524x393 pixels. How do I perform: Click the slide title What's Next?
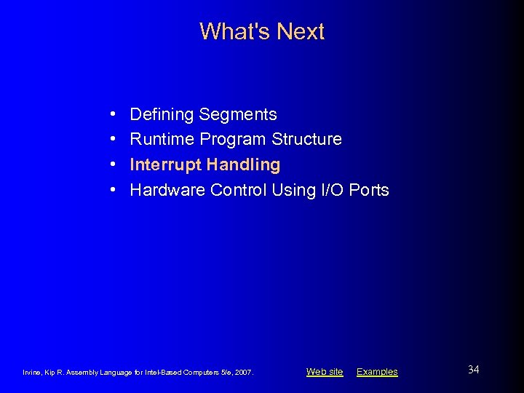[x=262, y=31]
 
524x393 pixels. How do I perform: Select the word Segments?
[x=238, y=114]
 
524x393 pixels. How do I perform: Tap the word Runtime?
[x=162, y=139]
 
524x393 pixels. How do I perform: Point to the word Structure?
[x=306, y=139]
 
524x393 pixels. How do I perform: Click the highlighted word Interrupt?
[x=165, y=164]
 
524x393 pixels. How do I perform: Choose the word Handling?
[x=243, y=164]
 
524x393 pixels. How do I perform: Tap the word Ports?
[x=369, y=190]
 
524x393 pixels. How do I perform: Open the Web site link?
[x=325, y=372]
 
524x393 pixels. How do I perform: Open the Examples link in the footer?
[x=377, y=372]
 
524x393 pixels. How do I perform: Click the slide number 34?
[x=473, y=370]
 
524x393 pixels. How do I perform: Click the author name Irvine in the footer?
[x=33, y=373]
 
